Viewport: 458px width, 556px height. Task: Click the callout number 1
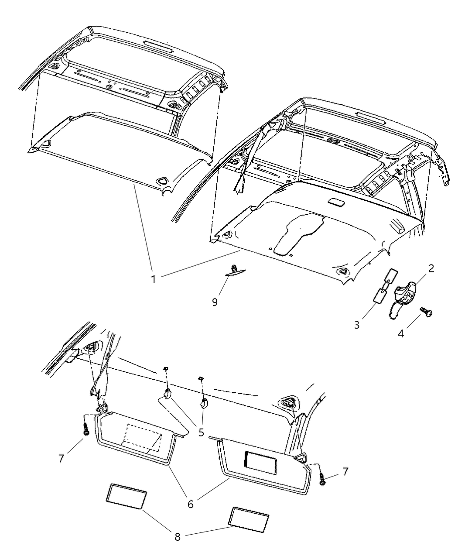[x=153, y=279]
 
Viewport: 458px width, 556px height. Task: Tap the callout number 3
[x=357, y=325]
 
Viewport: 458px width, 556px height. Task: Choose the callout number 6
[x=190, y=503]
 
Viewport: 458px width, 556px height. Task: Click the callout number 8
[x=178, y=536]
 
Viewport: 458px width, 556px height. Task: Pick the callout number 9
[x=215, y=302]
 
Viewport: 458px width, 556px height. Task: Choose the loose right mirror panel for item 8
[x=248, y=519]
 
